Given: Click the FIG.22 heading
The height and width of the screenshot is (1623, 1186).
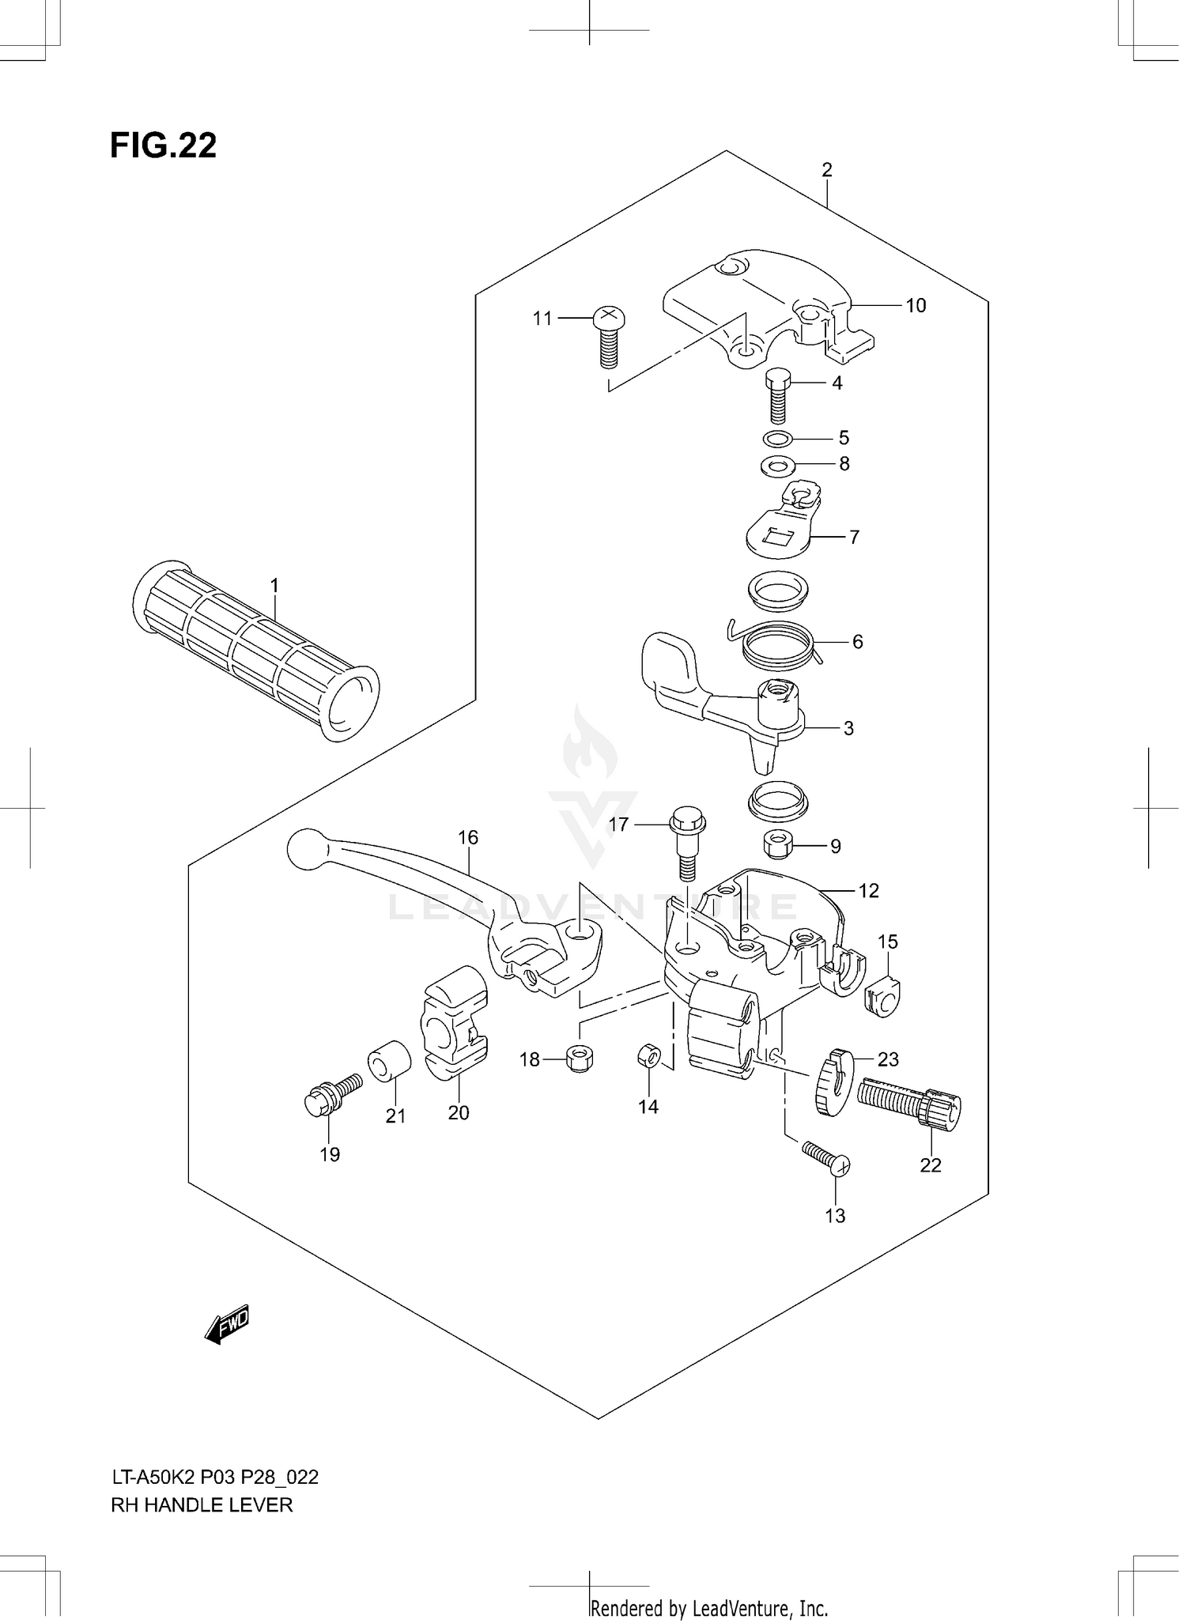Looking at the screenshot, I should pos(163,146).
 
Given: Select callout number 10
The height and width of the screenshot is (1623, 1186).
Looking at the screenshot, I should pos(915,305).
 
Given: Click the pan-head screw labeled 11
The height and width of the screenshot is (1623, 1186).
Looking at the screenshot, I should pos(606,338).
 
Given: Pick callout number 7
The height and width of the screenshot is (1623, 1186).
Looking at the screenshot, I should pos(854,537).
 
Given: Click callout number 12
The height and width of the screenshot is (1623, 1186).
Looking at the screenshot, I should pos(868,891).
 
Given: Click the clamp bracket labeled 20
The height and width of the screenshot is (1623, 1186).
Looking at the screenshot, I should pos(455,1024).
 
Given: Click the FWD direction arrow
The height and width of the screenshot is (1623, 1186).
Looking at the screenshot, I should pos(228,1324).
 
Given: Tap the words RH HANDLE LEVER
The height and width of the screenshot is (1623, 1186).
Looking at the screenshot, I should pos(202,1504).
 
